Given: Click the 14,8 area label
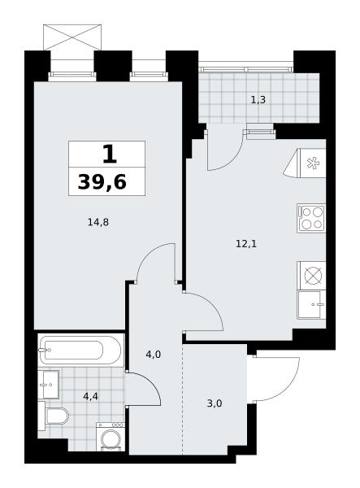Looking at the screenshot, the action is pos(98,222).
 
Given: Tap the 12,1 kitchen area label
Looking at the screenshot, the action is pos(246,244).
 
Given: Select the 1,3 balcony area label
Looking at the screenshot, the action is pos(258,100).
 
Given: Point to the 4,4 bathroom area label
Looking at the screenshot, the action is pos(91,396).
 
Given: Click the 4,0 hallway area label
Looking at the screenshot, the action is pos(154,354).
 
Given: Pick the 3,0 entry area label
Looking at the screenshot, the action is pos(215,403).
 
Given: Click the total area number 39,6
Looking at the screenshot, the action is pos(102,181).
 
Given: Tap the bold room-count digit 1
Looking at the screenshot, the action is pos(110,155).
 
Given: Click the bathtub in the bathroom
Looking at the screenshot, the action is pos(80,350).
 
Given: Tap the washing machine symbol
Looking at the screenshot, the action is pos(111,437).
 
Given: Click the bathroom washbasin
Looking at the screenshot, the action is pos(49,385).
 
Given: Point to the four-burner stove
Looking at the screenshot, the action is pos(311,218).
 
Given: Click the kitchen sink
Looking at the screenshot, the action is pos(311,305).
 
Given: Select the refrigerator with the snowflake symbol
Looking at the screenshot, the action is pos(308,163).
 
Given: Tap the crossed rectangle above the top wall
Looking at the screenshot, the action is pos(72,37).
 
